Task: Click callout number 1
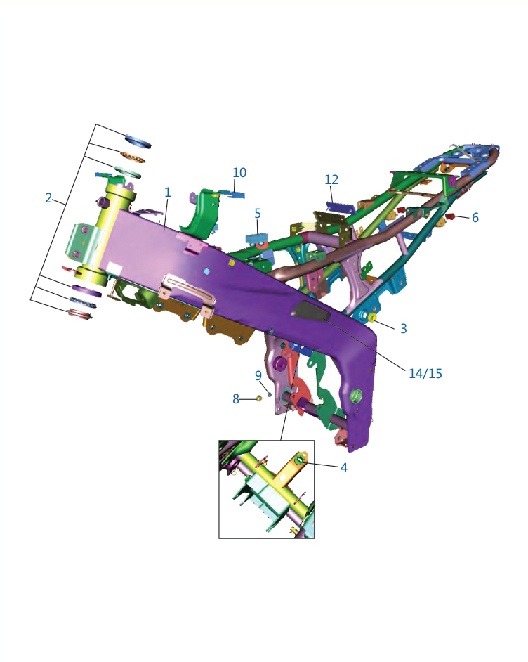[167, 193]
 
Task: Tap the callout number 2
[48, 197]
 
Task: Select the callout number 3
[403, 328]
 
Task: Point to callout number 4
[344, 467]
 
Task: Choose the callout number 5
[258, 214]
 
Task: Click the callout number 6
[475, 217]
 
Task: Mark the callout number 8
[236, 398]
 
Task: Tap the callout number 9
[258, 375]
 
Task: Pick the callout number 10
[239, 173]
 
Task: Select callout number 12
[331, 180]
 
